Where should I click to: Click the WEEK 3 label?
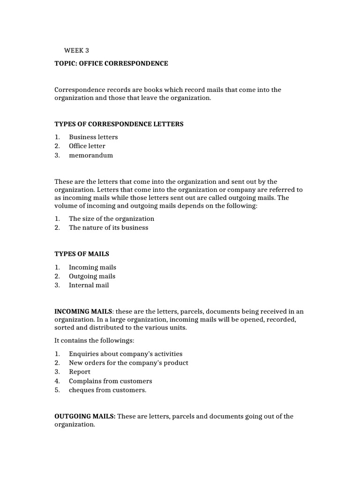click(x=76, y=50)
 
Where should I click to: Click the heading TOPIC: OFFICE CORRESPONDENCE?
click(x=111, y=63)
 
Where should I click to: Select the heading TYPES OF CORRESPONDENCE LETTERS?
click(x=119, y=124)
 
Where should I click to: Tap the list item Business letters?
click(x=93, y=137)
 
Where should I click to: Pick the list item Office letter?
click(x=87, y=146)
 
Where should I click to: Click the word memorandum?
click(x=91, y=155)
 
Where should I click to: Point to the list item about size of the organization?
click(x=112, y=218)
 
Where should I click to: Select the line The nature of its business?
click(x=108, y=227)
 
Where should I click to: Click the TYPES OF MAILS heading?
click(x=82, y=254)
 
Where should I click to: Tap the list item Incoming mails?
click(x=92, y=267)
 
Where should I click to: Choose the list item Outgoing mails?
click(x=92, y=276)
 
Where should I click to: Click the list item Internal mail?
click(x=89, y=285)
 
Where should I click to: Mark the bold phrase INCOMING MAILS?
click(x=83, y=311)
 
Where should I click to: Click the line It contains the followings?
click(x=94, y=341)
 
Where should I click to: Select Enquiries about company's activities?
click(x=126, y=354)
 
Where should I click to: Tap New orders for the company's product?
click(x=128, y=363)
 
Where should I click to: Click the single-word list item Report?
click(x=80, y=372)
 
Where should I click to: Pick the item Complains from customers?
click(x=111, y=381)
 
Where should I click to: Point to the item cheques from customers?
click(x=108, y=390)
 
